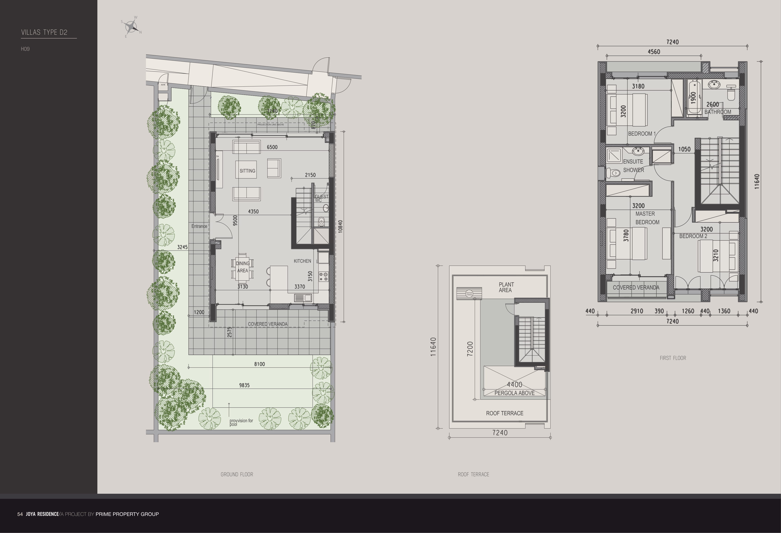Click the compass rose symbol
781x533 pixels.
coord(131,26)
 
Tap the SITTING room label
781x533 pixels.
coord(247,171)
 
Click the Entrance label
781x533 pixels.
coord(199,226)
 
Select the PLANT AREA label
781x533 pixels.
coord(506,287)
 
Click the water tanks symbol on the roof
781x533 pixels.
coord(469,293)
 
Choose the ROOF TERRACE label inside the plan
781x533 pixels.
coord(504,413)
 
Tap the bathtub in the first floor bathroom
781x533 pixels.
coord(693,97)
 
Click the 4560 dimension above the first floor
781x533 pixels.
coord(654,52)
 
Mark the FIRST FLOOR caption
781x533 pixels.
coord(673,358)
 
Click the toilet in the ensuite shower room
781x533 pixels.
coord(613,173)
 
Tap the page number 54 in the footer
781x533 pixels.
coord(20,514)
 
